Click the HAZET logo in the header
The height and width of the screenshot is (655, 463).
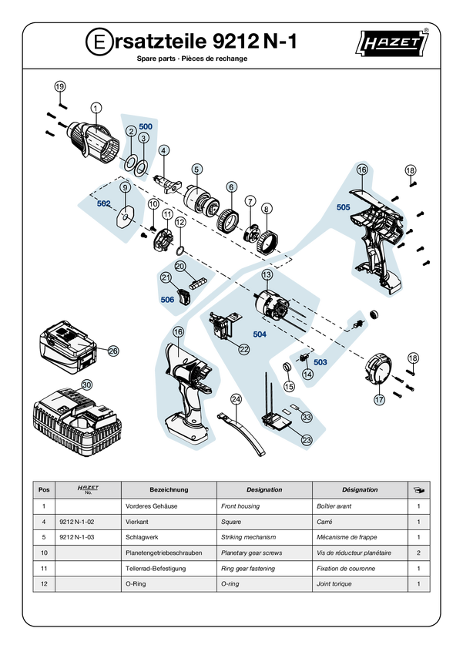coord(392,42)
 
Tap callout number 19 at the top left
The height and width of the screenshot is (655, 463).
coord(60,86)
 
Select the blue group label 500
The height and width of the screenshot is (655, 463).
coord(146,126)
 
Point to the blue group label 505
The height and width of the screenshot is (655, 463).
coord(343,207)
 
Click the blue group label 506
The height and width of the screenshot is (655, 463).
coord(167,300)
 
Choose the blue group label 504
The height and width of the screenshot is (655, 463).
coord(260,334)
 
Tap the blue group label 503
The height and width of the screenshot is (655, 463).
coord(320,362)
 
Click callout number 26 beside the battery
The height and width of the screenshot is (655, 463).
coord(113,351)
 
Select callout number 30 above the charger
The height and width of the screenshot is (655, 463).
coord(86,385)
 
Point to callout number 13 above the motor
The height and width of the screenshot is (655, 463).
coord(267,274)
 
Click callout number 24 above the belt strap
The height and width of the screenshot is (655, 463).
coord(237,399)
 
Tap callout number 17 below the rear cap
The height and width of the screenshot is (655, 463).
coord(379,400)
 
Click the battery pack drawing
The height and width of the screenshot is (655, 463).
coord(68,347)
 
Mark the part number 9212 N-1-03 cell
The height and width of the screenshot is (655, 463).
coord(77,537)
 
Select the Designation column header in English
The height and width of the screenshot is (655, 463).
coord(264,489)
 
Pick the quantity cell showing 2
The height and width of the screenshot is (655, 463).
coord(419,553)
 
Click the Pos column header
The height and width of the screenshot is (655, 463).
coord(44,489)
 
